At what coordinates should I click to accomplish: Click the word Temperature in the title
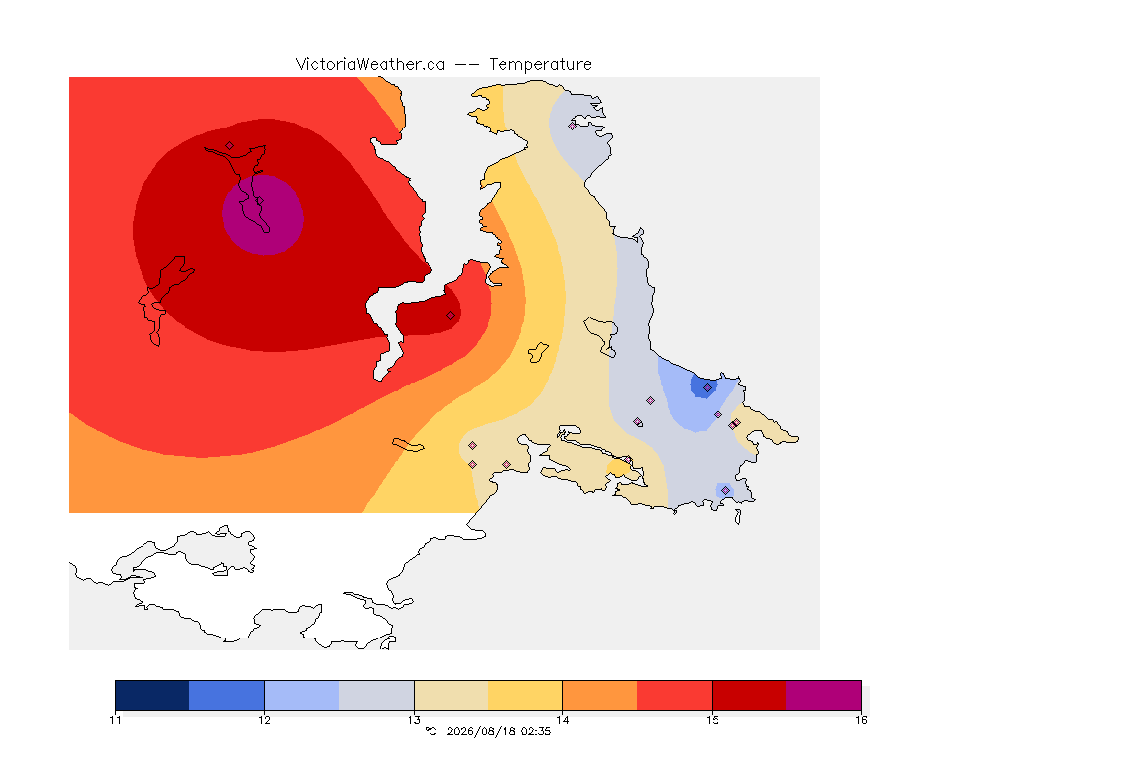tap(540, 65)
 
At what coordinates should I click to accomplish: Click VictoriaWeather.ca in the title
tap(371, 65)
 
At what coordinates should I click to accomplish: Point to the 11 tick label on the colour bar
tap(115, 720)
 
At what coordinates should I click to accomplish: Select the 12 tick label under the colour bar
tap(264, 720)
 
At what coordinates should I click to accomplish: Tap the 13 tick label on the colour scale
tap(414, 720)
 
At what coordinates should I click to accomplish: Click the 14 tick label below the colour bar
tap(562, 720)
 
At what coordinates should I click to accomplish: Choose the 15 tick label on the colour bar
tap(712, 720)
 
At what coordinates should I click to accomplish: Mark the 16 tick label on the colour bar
tap(861, 720)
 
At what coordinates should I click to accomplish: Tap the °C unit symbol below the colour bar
tap(430, 731)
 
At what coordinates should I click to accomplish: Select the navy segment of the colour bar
tap(152, 695)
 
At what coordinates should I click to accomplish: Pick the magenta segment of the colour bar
tap(824, 695)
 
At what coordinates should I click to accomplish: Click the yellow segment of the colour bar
tap(525, 695)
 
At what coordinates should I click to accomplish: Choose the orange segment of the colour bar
tap(600, 695)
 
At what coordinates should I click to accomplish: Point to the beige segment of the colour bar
tap(451, 695)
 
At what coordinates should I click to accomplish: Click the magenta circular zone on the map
tap(263, 214)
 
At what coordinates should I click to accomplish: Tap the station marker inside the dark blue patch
tap(707, 388)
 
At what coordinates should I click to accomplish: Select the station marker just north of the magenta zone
tap(230, 145)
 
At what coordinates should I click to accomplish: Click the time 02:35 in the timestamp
tap(536, 731)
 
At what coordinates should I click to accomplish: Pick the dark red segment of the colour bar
tap(749, 695)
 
